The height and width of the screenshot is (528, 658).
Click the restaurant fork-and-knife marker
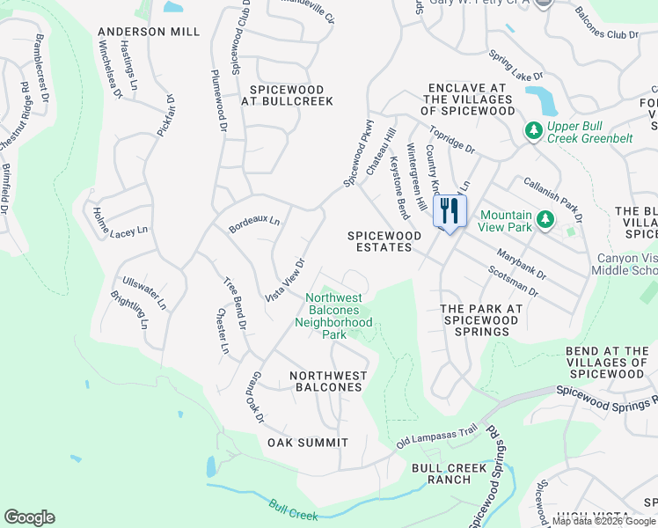pyautogui.click(x=450, y=211)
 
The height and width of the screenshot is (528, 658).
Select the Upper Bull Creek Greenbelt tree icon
pyautogui.click(x=532, y=131)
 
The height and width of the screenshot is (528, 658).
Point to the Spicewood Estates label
pyautogui.click(x=379, y=241)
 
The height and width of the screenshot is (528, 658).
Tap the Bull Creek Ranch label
pyautogui.click(x=449, y=473)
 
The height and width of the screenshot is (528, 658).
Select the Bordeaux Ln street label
pyautogui.click(x=253, y=224)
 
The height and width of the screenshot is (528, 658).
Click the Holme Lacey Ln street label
pyautogui.click(x=121, y=222)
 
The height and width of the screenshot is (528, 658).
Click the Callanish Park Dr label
pyautogui.click(x=553, y=194)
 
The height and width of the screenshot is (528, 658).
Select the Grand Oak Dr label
pyautogui.click(x=254, y=398)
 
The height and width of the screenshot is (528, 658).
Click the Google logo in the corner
pyautogui.click(x=29, y=517)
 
